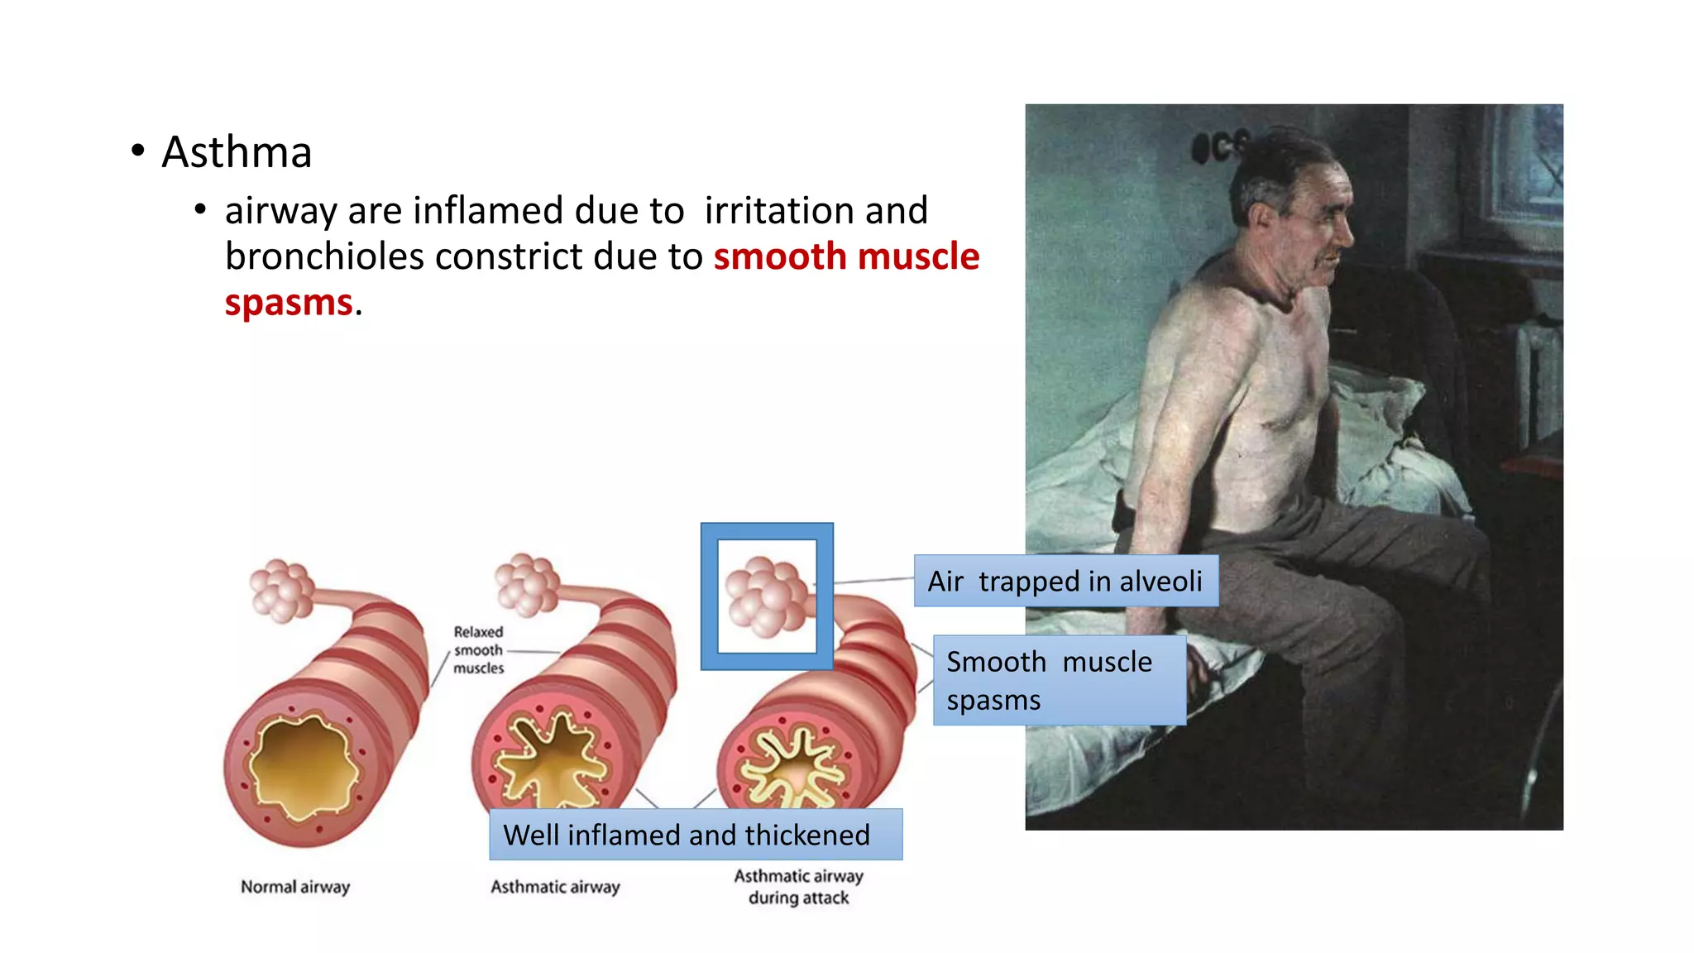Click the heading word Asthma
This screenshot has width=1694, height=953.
(x=237, y=152)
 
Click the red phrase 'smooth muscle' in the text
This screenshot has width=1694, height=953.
(x=846, y=256)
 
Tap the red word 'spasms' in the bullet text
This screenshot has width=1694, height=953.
(x=289, y=303)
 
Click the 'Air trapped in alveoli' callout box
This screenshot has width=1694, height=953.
(x=1065, y=581)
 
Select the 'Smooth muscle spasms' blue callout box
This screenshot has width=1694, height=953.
(x=1059, y=680)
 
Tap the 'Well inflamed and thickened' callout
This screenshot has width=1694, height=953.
(x=695, y=835)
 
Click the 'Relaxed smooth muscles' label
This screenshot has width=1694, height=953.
(x=478, y=650)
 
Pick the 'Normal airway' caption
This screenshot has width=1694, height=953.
(x=295, y=887)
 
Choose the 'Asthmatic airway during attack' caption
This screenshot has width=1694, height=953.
(x=798, y=887)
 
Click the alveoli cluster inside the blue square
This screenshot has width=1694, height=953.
(x=766, y=596)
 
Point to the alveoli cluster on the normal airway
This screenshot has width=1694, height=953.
(x=281, y=590)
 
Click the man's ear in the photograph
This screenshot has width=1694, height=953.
(x=1262, y=219)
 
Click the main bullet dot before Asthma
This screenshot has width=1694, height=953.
(x=138, y=151)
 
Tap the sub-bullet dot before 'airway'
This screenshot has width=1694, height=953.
(x=200, y=210)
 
